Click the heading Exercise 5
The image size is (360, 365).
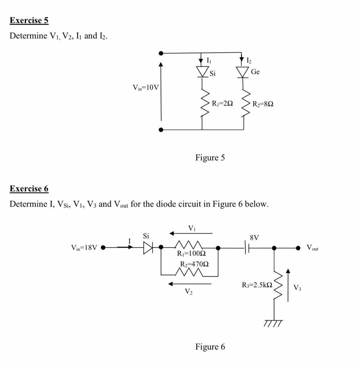pyautogui.click(x=29, y=20)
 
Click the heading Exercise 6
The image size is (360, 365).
pyautogui.click(x=29, y=189)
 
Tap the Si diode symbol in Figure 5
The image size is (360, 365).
pyautogui.click(x=202, y=72)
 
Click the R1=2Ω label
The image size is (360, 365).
pyautogui.click(x=222, y=104)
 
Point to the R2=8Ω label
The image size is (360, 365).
pyautogui.click(x=263, y=104)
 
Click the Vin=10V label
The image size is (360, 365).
pyautogui.click(x=145, y=87)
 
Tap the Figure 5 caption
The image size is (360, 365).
pyautogui.click(x=210, y=157)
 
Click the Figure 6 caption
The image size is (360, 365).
pyautogui.click(x=210, y=346)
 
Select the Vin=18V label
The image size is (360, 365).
pyautogui.click(x=84, y=248)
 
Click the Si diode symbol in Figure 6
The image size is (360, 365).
pyautogui.click(x=148, y=248)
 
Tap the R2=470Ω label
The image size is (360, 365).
pyautogui.click(x=194, y=264)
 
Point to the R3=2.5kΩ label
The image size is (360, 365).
pyautogui.click(x=257, y=285)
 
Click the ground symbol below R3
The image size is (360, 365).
pyautogui.click(x=273, y=323)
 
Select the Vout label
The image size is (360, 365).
pyautogui.click(x=312, y=248)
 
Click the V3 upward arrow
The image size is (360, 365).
pyautogui.click(x=288, y=285)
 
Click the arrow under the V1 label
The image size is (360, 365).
pyautogui.click(x=191, y=233)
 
